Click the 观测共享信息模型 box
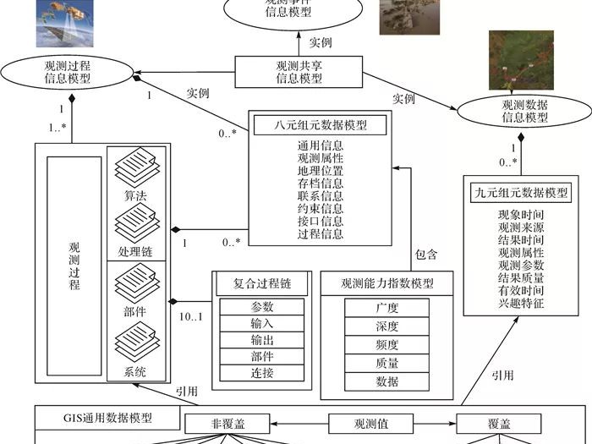click(x=299, y=71)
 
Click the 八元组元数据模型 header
click(x=320, y=125)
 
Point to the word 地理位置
click(x=321, y=171)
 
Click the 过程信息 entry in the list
click(x=321, y=234)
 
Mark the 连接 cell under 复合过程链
click(x=262, y=373)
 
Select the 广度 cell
click(x=386, y=308)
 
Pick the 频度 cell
click(x=386, y=345)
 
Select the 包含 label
click(x=427, y=253)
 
